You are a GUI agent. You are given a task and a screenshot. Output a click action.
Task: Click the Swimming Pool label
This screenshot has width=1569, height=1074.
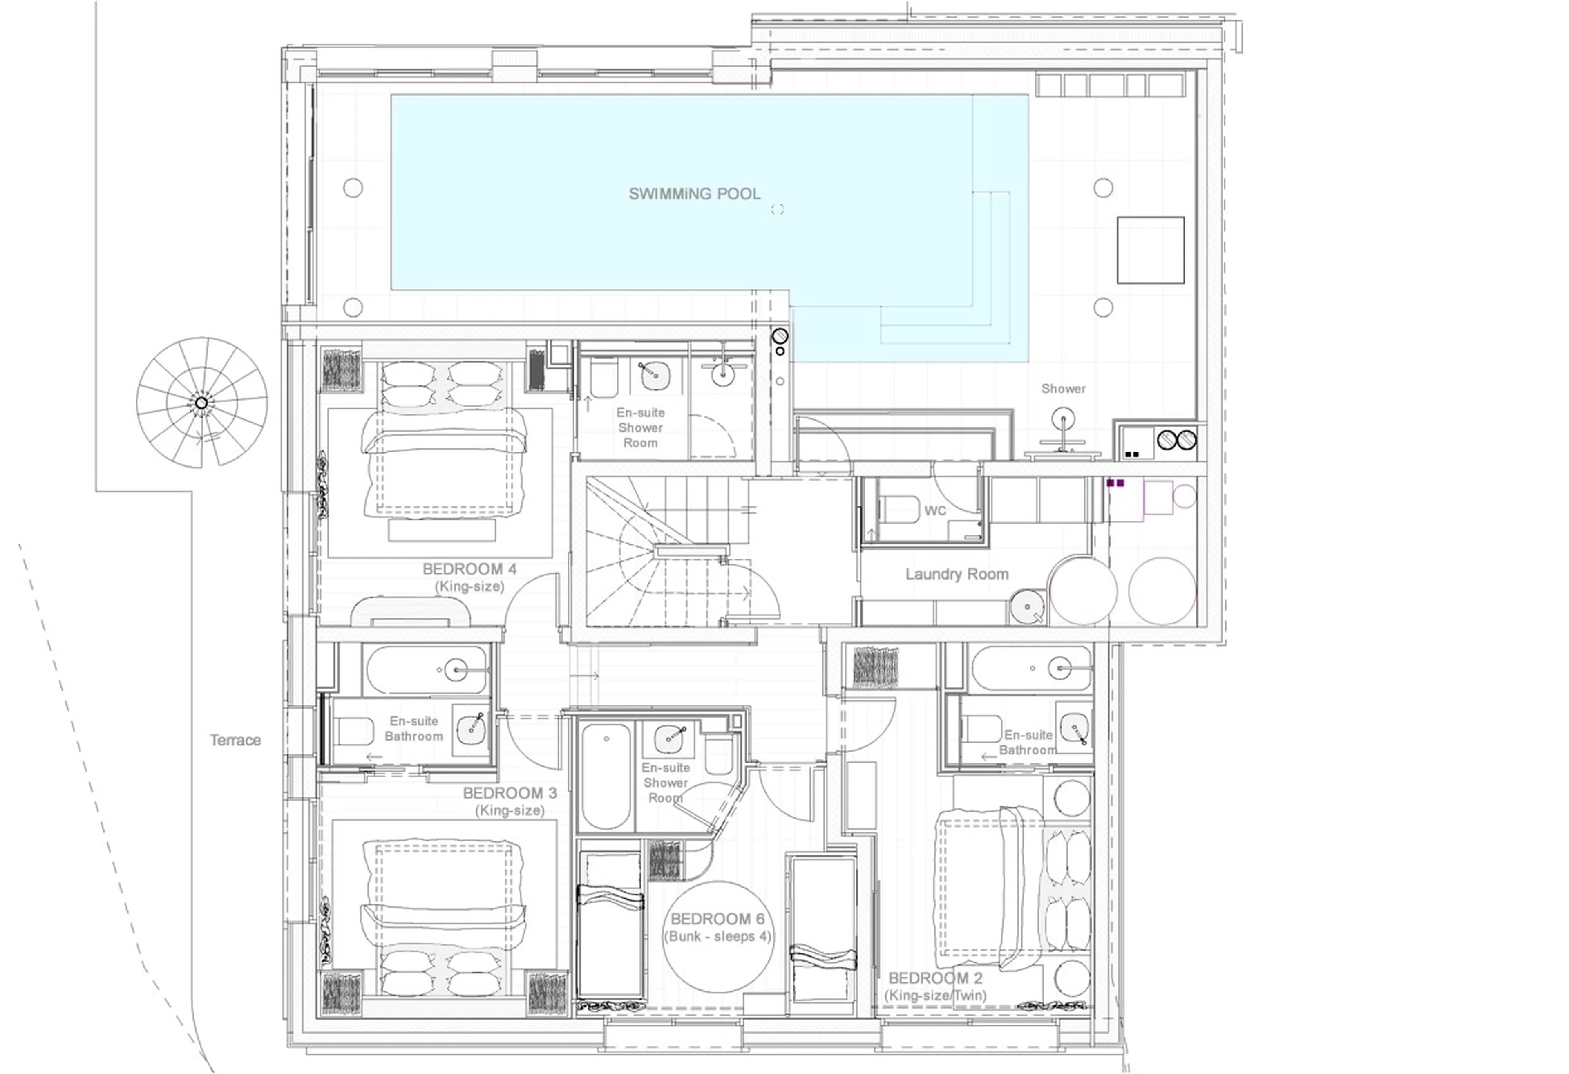tap(694, 194)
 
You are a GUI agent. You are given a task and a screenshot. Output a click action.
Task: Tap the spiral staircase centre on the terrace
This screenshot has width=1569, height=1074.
tap(201, 403)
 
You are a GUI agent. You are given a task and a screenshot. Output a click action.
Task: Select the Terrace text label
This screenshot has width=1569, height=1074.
tap(235, 741)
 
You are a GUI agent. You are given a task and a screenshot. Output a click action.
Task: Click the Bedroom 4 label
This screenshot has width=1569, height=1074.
tap(469, 569)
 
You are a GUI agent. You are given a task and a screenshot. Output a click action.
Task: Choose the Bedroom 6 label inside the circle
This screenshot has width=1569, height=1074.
tap(717, 920)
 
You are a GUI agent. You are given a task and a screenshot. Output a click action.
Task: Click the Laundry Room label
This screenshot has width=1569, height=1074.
tap(957, 574)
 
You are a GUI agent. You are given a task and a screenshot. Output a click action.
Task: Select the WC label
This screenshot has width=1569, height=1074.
tap(935, 511)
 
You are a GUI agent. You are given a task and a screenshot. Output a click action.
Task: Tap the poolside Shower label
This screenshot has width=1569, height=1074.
tap(1063, 389)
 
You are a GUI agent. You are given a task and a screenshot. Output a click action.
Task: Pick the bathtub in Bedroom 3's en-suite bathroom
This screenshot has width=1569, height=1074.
tap(425, 670)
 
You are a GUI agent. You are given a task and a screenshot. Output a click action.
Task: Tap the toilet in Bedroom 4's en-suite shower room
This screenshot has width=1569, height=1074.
tap(603, 379)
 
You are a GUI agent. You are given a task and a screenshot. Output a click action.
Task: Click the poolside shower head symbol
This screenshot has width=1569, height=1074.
tap(1063, 419)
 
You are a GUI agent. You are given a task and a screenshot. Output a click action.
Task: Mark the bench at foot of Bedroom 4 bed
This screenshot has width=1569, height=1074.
tap(442, 530)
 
